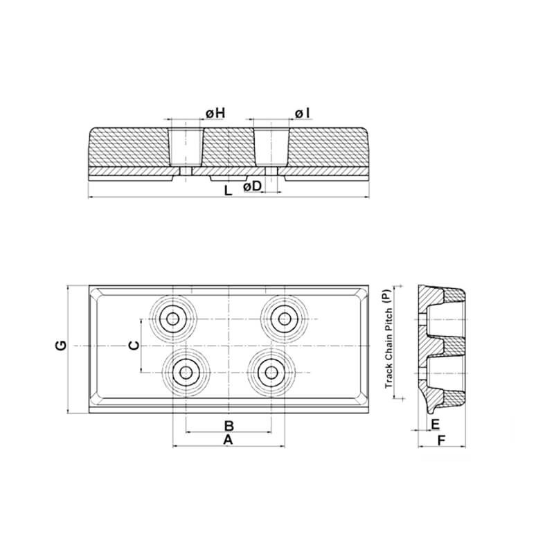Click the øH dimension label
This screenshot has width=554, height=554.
tap(215, 114)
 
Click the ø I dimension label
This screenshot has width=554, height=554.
tap(302, 114)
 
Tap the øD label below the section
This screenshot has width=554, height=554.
tap(252, 186)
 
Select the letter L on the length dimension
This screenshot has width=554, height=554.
tap(229, 191)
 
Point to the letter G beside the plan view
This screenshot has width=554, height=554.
tap(61, 345)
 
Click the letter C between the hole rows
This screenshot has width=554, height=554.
tap(134, 345)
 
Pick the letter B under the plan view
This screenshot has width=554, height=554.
tap(229, 426)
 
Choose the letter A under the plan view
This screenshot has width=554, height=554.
tap(229, 440)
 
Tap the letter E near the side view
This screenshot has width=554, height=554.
tap(435, 424)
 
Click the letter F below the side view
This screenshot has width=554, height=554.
tap(441, 440)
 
